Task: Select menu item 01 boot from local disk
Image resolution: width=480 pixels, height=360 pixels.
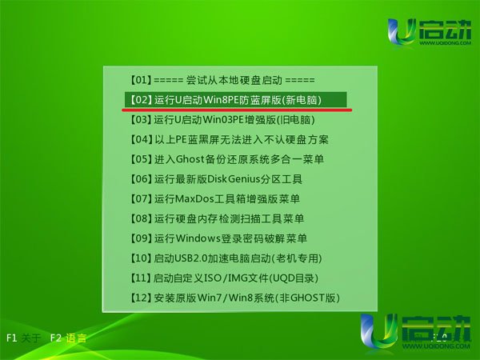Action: (x=222, y=80)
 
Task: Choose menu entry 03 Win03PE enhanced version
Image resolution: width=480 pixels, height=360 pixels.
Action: (x=222, y=120)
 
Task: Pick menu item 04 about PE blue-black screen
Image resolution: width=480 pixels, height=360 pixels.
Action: (x=229, y=139)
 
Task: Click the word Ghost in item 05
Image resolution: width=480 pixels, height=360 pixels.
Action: (x=190, y=159)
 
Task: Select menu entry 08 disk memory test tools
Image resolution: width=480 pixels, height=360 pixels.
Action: (x=217, y=218)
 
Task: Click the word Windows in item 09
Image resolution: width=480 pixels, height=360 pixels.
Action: (x=198, y=238)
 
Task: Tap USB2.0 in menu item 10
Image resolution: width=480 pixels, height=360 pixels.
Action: (x=190, y=258)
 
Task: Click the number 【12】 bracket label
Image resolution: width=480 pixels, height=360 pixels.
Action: (x=141, y=298)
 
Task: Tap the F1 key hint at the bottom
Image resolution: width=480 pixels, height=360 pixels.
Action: (x=11, y=338)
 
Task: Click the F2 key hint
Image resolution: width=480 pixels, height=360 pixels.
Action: (x=56, y=338)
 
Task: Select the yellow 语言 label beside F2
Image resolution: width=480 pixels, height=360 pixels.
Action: (x=76, y=338)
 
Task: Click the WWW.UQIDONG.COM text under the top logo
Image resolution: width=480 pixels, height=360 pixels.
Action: (x=445, y=43)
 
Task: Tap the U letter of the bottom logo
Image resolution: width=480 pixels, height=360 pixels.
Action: (x=378, y=331)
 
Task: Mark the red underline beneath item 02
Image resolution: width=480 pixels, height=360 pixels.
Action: (x=237, y=110)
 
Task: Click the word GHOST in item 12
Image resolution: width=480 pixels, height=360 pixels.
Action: (x=306, y=298)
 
